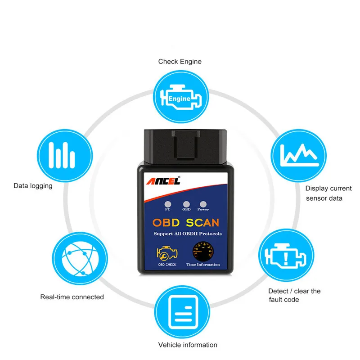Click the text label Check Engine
click(180, 62)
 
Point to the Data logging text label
click(33, 185)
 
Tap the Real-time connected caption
click(72, 297)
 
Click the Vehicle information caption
click(188, 345)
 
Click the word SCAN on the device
click(203, 222)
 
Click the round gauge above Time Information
click(203, 251)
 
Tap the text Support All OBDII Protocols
click(188, 234)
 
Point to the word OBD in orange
click(166, 222)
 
